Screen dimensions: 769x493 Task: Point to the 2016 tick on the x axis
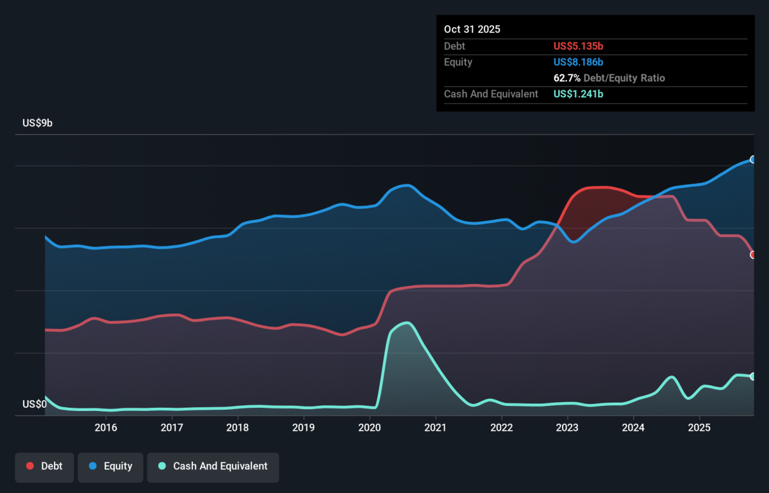(106, 428)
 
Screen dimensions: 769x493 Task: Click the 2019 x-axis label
(304, 428)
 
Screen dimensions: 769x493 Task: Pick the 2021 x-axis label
(436, 428)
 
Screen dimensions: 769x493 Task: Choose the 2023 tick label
(568, 428)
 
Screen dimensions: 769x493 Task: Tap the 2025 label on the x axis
(699, 428)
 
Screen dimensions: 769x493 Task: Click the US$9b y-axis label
(37, 123)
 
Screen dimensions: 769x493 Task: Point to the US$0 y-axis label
(35, 404)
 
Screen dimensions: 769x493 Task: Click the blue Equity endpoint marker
(752, 160)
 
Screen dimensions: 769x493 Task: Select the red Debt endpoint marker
(752, 255)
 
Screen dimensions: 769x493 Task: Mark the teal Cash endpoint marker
(752, 376)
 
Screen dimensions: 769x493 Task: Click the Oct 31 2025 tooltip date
(472, 29)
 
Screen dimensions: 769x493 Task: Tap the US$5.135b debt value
(578, 46)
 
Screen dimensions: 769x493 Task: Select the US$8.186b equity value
(578, 62)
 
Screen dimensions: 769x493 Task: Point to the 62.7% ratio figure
(566, 78)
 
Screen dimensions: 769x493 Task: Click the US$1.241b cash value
(578, 94)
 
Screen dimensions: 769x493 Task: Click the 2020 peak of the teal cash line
(408, 322)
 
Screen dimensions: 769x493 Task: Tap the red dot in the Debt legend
(30, 466)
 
